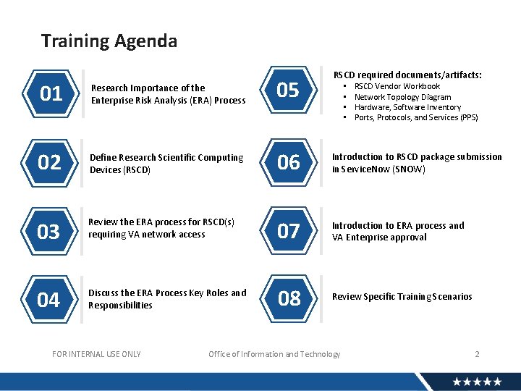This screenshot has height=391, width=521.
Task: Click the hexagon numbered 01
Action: (x=51, y=94)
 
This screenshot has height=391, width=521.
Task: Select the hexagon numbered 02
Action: (x=49, y=162)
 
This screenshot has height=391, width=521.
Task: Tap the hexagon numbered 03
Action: (x=48, y=232)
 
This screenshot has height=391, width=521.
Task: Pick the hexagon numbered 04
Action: (x=48, y=299)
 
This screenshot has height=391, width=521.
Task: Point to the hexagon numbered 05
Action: (x=288, y=91)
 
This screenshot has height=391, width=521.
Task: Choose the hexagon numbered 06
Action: (x=288, y=163)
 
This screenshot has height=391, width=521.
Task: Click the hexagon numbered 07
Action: (x=288, y=231)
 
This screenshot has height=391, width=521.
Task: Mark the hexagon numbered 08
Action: (x=289, y=298)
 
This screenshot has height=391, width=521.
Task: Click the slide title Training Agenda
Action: (x=109, y=41)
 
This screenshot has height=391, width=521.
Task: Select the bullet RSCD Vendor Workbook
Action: (x=397, y=86)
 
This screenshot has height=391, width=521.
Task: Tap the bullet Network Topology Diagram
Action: (x=402, y=97)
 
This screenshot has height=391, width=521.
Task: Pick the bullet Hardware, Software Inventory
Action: (x=407, y=107)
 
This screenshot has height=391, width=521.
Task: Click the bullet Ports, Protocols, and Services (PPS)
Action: (x=416, y=117)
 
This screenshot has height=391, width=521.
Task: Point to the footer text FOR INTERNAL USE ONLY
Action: (x=97, y=354)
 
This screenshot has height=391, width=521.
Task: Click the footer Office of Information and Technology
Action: (x=274, y=354)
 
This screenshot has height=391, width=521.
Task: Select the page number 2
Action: (x=477, y=354)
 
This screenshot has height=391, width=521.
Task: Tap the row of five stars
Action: (x=477, y=381)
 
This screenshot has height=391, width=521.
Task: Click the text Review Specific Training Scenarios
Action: (x=402, y=297)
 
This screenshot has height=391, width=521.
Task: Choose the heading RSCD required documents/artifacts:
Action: (x=407, y=75)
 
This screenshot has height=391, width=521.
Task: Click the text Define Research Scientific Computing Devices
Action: (x=166, y=164)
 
